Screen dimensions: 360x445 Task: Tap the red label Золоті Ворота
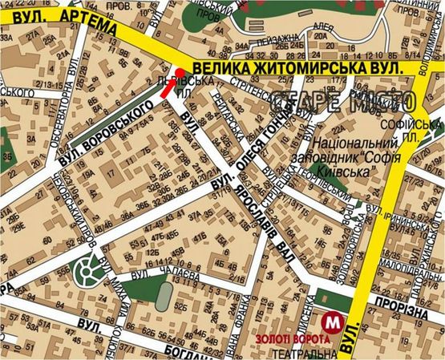[292, 338]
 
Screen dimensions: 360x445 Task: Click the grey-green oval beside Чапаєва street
[163, 298]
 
